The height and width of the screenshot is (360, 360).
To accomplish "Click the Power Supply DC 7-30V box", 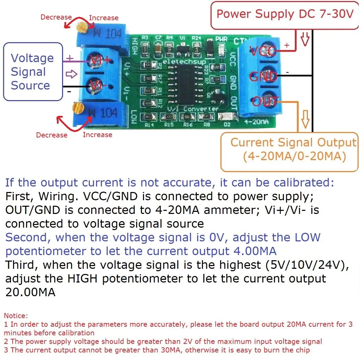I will pos(285,14).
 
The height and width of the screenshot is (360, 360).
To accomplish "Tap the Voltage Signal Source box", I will pos(33,72).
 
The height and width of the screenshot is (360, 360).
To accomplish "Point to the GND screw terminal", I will pos(263,76).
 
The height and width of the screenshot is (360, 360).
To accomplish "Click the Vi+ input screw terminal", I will pos(96,60).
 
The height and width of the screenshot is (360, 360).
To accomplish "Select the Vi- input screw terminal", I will pos(96,86).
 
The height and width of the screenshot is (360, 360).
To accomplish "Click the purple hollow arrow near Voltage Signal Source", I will pos(72,73).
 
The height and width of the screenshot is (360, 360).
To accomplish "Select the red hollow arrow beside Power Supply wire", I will pos(305,39).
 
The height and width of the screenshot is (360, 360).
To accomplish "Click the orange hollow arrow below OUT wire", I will pos(305,120).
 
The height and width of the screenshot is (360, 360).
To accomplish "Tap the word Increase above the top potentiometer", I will pos(104,18).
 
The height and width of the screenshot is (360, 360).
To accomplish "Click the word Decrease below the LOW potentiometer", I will pos(51,135).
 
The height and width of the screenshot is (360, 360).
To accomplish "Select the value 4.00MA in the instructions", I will pos(254,251).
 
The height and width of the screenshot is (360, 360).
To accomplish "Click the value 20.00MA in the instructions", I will pos(30,292).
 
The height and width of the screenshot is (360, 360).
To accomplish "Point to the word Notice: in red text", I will pos(16,315).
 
